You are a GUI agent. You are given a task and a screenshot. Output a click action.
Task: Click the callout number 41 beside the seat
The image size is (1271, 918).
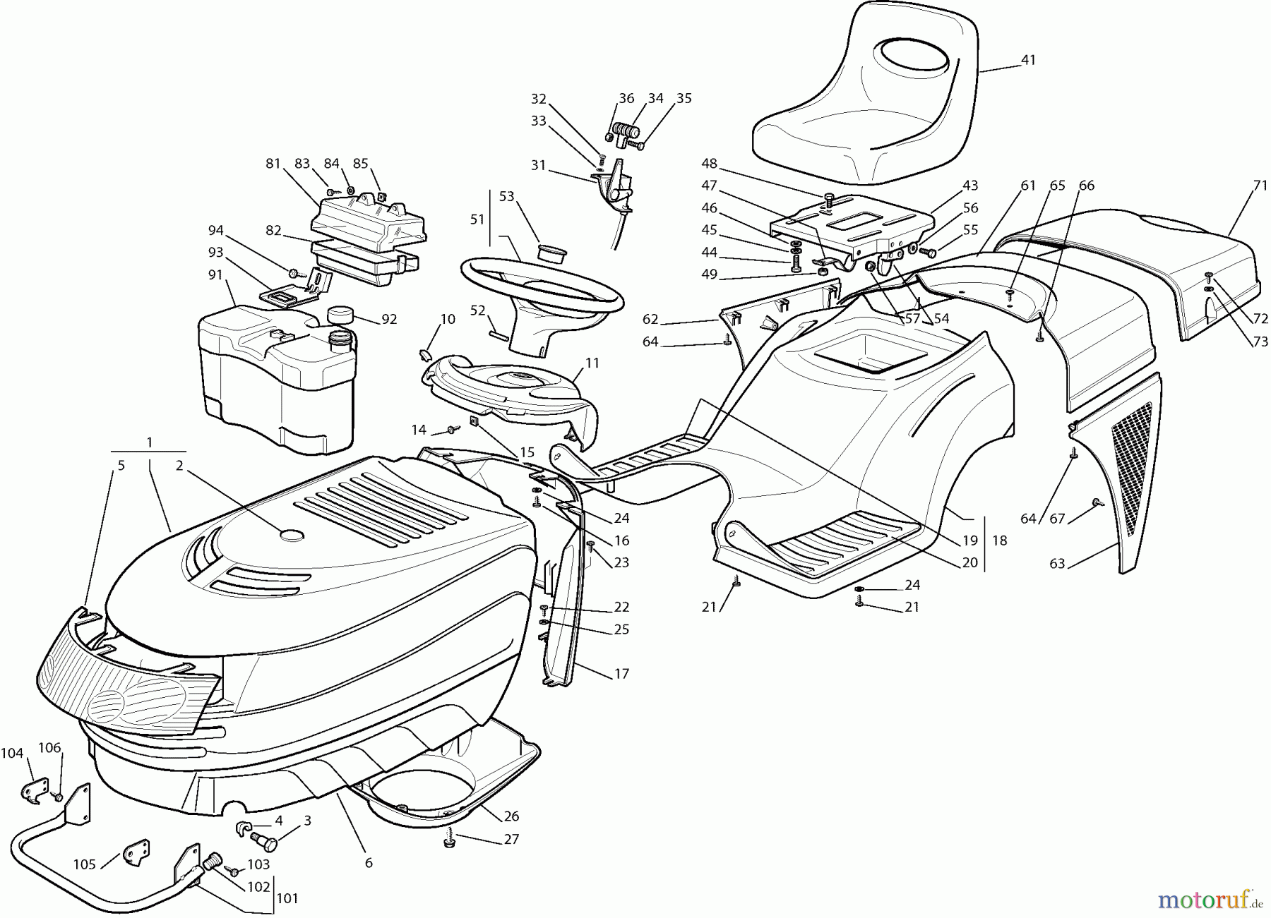coord(1028,60)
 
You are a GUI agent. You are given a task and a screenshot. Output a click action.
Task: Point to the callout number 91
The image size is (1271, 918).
coord(215,275)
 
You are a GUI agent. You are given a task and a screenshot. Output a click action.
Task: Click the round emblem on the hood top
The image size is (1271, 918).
coord(292,535)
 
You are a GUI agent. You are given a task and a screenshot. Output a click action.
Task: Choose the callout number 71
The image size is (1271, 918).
coord(1241,186)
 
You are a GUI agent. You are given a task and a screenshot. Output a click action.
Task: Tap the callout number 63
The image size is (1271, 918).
coord(1057,564)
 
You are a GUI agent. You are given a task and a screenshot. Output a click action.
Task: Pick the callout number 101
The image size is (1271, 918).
coord(287,899)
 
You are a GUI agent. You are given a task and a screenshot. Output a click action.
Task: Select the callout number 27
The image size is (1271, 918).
coord(511,839)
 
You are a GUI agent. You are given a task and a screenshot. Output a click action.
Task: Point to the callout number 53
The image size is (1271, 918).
coord(507,196)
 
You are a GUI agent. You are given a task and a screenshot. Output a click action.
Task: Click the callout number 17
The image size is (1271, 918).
coord(621,674)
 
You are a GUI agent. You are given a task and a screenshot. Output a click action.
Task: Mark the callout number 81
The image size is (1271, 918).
coord(273,163)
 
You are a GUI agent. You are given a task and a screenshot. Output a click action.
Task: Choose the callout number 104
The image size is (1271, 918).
coord(12,754)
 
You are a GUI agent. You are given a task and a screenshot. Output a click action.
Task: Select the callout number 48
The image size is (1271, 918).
coord(709,164)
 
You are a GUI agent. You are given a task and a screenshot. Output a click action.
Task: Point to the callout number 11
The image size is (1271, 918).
coord(592,363)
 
